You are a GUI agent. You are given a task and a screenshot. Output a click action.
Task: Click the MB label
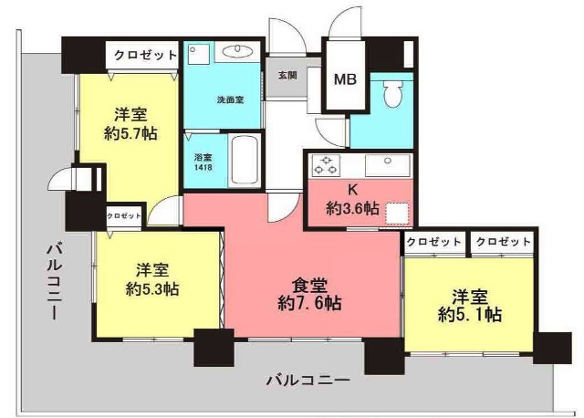[x=344, y=78]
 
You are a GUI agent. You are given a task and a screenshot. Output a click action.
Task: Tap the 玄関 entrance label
[x=287, y=76]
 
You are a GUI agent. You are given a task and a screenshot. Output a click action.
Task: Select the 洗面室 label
[x=230, y=99]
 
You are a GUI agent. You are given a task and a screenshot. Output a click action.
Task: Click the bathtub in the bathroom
[x=245, y=161]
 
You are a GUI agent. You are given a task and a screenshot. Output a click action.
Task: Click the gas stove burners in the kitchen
[x=326, y=165]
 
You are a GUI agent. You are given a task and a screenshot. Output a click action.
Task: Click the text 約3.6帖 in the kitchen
[x=352, y=208]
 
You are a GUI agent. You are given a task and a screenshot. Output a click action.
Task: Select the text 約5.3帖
[x=151, y=289]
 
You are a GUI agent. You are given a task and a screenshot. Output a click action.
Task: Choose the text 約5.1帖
[x=469, y=315]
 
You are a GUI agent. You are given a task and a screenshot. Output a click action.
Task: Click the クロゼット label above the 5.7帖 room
[x=145, y=56]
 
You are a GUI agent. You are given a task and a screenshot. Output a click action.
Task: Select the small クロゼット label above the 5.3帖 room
[x=124, y=216]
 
